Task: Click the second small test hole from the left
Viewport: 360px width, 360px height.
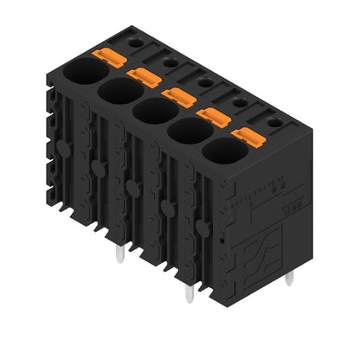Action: click(x=170, y=61)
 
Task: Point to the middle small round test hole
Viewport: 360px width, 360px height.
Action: click(x=205, y=81)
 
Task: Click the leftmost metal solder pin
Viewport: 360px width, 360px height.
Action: click(x=117, y=253)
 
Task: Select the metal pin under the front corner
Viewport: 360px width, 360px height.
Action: click(x=188, y=293)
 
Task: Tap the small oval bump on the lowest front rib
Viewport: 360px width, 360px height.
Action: click(x=202, y=227)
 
